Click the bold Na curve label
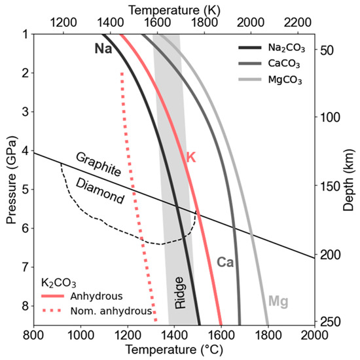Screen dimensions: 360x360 pos(102,49)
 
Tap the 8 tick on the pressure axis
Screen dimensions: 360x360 pos(24,305)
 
